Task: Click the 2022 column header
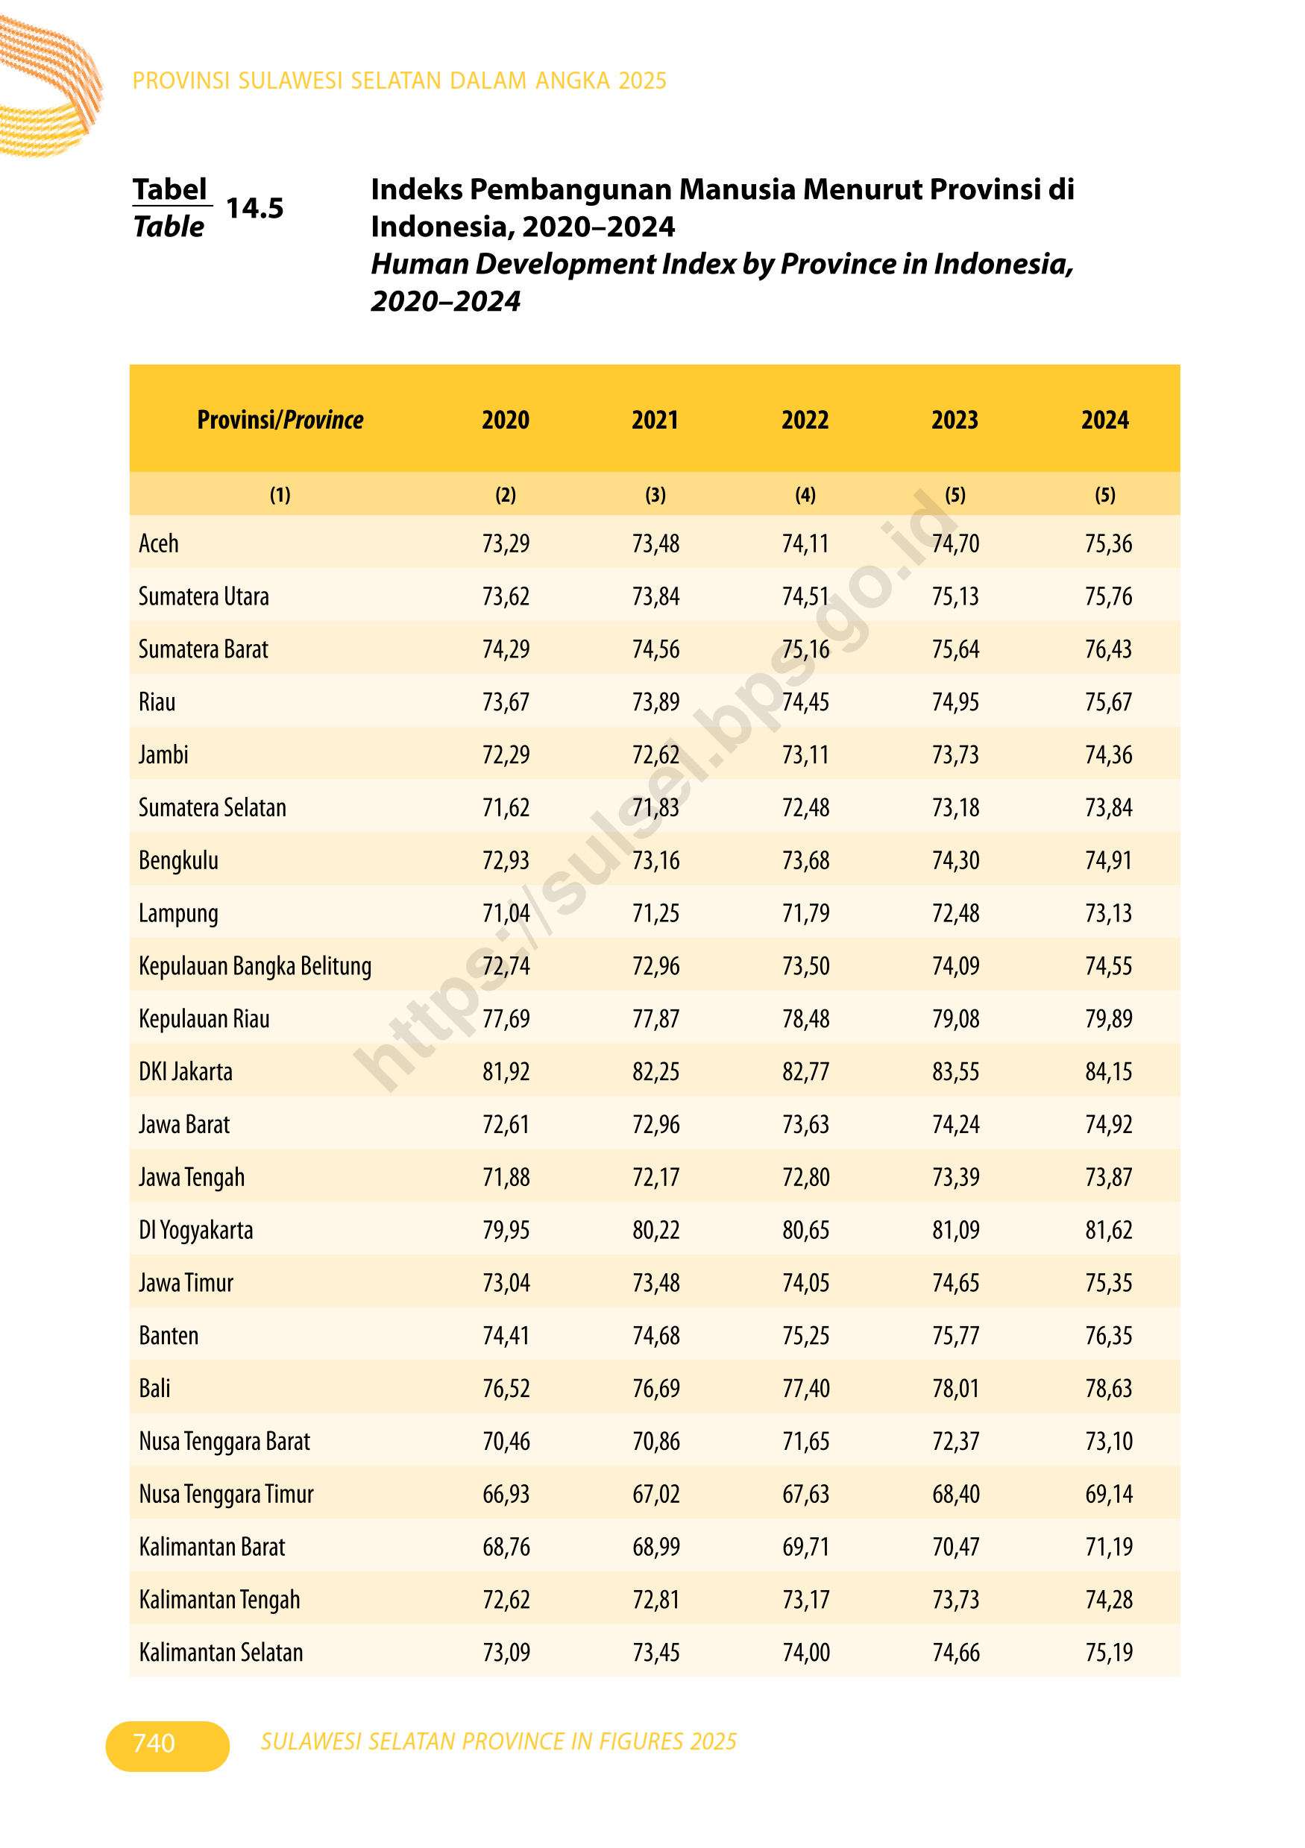tap(805, 420)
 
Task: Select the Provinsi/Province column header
tap(280, 420)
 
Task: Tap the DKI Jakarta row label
tap(185, 1071)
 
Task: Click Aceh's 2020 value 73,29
tap(506, 543)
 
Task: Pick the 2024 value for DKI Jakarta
tap(1108, 1071)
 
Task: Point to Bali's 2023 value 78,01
tap(955, 1388)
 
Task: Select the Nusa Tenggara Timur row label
tap(226, 1494)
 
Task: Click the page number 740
tap(154, 1743)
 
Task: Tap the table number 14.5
tap(254, 208)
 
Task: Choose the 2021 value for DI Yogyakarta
tap(655, 1230)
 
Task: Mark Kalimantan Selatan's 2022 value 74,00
tap(805, 1653)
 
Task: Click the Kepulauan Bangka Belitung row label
tap(255, 966)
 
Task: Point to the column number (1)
tap(280, 494)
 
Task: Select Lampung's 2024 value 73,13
tap(1108, 912)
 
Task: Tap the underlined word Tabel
tap(170, 189)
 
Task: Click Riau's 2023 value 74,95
tap(955, 702)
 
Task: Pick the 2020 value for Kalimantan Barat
tap(506, 1547)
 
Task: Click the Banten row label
tap(169, 1335)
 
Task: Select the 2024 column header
tap(1104, 420)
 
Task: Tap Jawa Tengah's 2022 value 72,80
tap(805, 1177)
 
